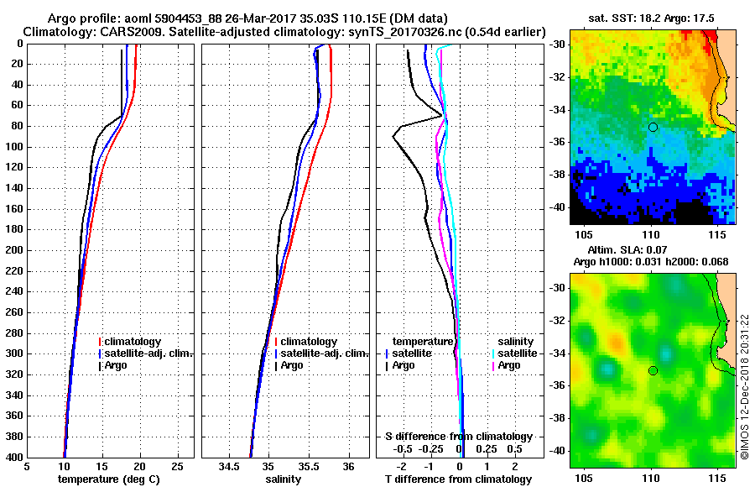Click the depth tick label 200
[x=15, y=250]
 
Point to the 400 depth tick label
[x=15, y=457]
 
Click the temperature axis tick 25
[x=177, y=467]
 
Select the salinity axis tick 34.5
[x=228, y=467]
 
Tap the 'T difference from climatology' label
[x=458, y=479]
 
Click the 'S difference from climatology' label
[x=458, y=437]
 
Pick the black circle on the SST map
[x=653, y=127]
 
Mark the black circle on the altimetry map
[x=653, y=370]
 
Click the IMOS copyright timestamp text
[x=744, y=387]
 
